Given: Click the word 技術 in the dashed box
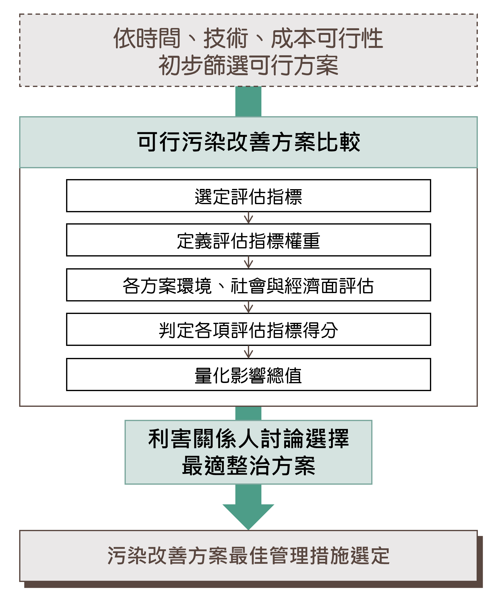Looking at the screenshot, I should click(x=225, y=38).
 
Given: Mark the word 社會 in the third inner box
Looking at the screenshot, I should click(x=248, y=285).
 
